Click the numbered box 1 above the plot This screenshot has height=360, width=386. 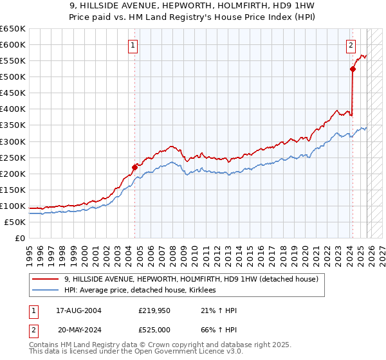pyautogui.click(x=133, y=45)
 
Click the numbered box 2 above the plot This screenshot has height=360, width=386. pyautogui.click(x=351, y=45)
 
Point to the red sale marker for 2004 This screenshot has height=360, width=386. pyautogui.click(x=135, y=167)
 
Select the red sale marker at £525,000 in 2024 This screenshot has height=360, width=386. pyautogui.click(x=353, y=69)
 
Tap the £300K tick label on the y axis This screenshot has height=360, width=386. pyautogui.click(x=13, y=141)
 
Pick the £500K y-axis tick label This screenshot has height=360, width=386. pyautogui.click(x=13, y=76)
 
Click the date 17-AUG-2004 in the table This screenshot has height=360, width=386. pyautogui.click(x=78, y=310)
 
